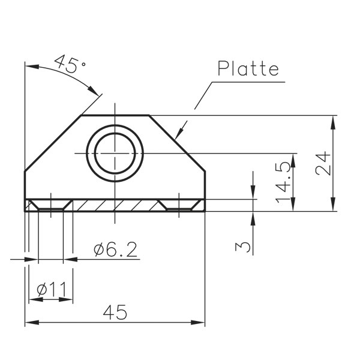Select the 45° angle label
(x=70, y=64)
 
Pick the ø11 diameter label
(x=51, y=290)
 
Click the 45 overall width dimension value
(x=115, y=313)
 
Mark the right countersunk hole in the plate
(x=179, y=205)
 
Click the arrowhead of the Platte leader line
(x=178, y=135)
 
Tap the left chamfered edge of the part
(x=53, y=143)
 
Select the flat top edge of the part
(x=115, y=115)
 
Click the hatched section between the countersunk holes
(x=115, y=205)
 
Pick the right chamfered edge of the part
(x=177, y=143)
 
